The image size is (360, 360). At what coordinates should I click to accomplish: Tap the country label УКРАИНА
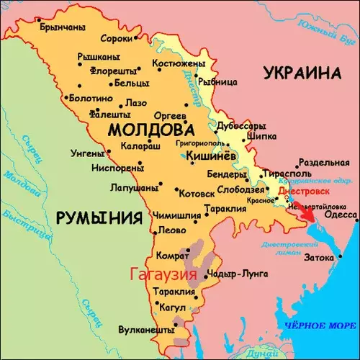coord(301,73)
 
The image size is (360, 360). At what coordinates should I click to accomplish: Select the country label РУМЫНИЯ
coord(98,216)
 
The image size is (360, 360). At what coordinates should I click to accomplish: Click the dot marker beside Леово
coord(153,232)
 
